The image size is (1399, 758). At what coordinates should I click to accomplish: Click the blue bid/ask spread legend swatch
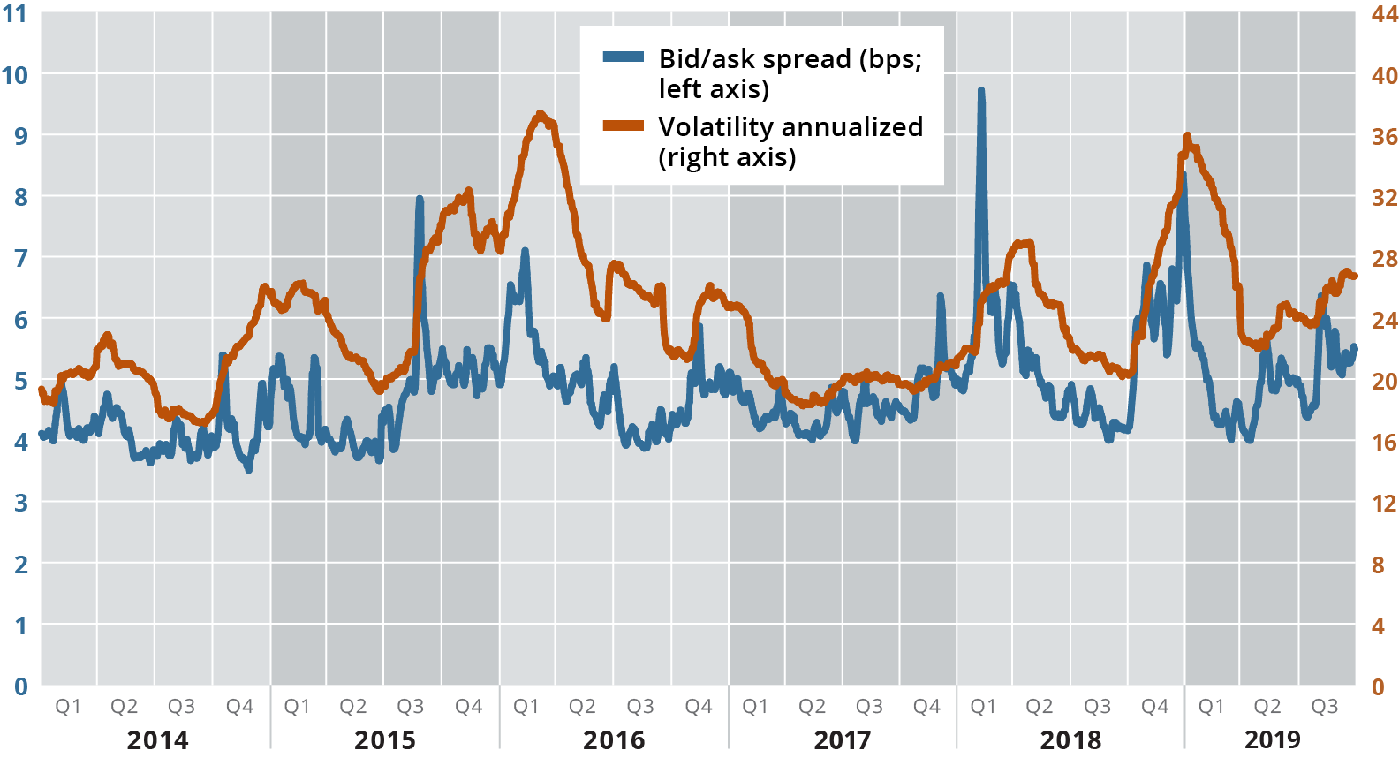624,57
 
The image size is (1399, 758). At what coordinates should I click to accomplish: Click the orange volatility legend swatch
624,125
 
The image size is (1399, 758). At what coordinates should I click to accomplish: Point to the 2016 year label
613,739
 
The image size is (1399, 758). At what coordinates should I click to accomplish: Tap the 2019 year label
1272,739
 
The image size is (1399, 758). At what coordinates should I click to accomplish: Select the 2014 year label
157,739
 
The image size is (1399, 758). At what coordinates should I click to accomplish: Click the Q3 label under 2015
410,707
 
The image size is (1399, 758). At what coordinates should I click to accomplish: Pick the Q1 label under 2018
983,707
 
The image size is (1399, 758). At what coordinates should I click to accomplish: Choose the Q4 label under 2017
926,707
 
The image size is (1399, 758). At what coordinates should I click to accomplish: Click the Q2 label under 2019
1267,707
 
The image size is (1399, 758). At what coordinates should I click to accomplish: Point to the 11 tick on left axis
15,14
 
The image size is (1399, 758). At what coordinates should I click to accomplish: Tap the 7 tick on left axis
20,258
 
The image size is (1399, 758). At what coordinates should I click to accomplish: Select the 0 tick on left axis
20,686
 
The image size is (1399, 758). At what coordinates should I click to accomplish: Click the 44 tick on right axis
1384,14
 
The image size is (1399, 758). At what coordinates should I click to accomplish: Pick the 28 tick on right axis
1384,259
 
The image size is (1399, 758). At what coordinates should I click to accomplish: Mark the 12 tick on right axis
1384,504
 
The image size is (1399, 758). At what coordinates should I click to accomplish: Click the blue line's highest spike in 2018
981,90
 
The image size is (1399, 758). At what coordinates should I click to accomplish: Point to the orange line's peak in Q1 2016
541,114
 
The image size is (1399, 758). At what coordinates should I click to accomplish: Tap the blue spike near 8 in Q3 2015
420,199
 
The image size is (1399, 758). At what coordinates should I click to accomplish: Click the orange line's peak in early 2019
1187,136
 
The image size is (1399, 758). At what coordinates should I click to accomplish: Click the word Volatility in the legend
715,127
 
